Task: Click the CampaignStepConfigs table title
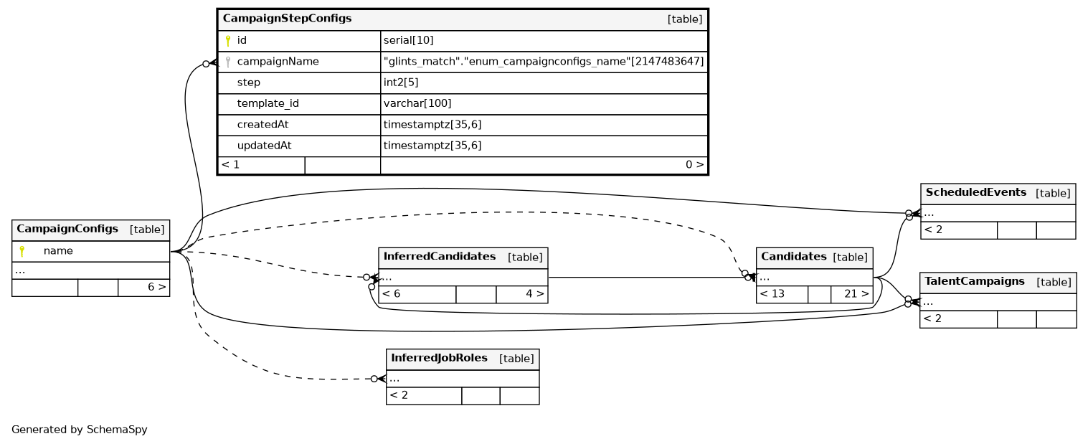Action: click(x=287, y=19)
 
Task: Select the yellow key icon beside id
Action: click(x=228, y=41)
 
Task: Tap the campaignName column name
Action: click(x=278, y=62)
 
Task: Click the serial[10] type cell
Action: click(x=408, y=41)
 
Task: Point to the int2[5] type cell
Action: click(x=401, y=82)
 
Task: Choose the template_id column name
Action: click(x=268, y=103)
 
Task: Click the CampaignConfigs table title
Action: click(x=67, y=230)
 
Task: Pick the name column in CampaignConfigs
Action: click(x=58, y=251)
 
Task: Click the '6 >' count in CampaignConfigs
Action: click(x=156, y=287)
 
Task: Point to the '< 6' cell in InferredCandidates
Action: click(x=391, y=293)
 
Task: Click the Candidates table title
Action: click(x=793, y=257)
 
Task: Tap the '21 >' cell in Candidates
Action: click(x=856, y=293)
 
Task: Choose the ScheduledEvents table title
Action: click(x=977, y=192)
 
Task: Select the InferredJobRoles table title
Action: click(x=439, y=358)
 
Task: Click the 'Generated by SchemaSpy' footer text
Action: click(x=79, y=430)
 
